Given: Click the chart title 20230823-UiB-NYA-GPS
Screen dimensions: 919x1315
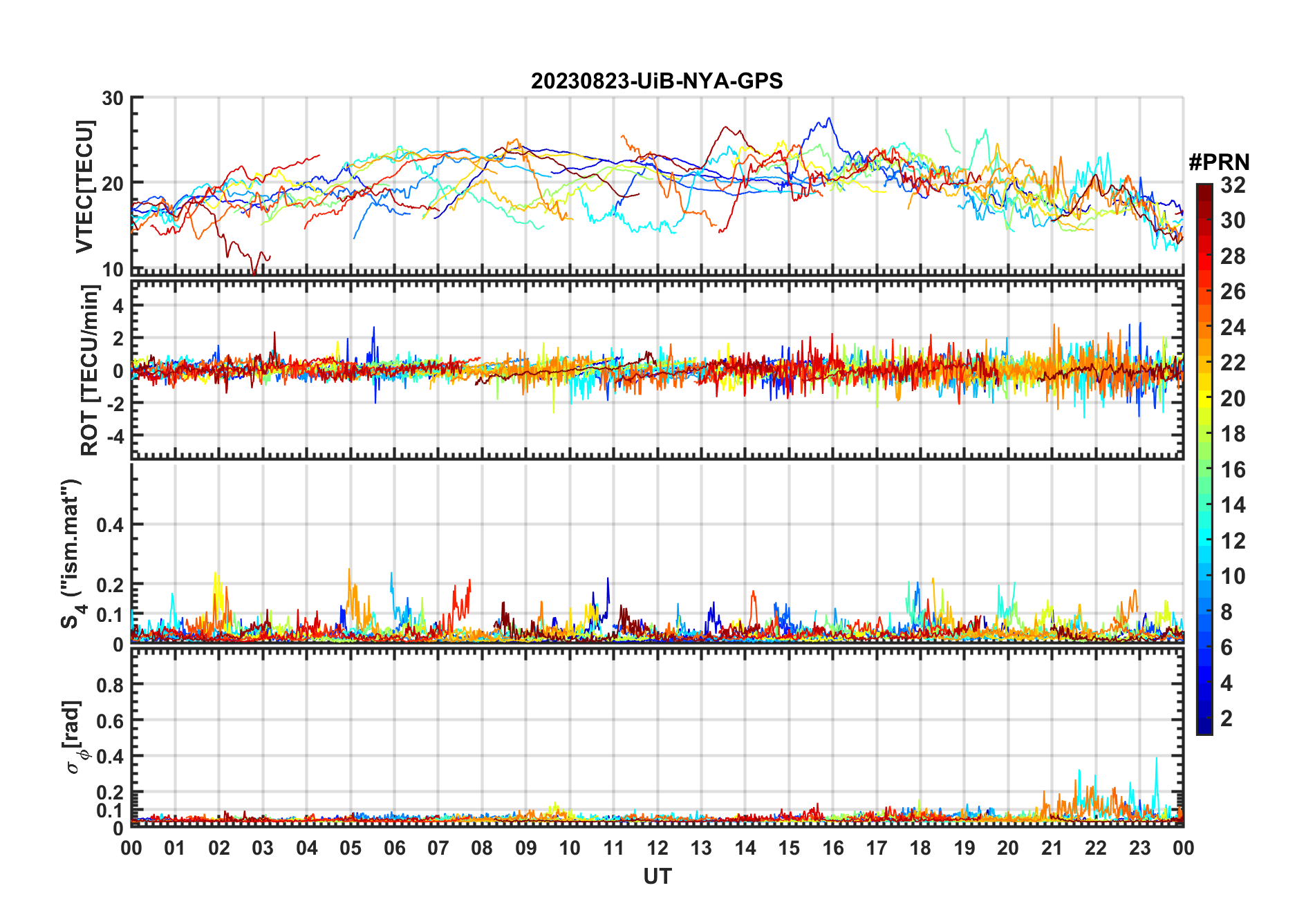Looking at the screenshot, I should pos(657,82).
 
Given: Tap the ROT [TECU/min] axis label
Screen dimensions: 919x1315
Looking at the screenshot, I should pos(90,370).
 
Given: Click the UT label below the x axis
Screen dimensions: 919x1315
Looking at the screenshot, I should pos(657,877).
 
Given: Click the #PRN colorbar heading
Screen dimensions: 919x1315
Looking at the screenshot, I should pos(1219,162).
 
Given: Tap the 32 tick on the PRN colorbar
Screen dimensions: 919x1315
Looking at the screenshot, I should pos(1233,185).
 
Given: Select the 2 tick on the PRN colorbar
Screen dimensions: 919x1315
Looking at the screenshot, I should pos(1227,719).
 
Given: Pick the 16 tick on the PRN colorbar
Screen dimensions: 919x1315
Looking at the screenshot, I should pos(1233,470).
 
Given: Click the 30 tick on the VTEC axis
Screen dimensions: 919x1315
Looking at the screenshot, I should pos(113,98).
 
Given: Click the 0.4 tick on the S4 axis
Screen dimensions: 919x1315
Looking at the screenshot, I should pos(110,525).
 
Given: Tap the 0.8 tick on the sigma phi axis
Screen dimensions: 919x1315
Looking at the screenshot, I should pos(110,685).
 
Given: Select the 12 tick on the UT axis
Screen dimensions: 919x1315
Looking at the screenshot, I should pos(657,848).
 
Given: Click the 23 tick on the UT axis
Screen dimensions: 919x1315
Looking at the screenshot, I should pos(1139,848).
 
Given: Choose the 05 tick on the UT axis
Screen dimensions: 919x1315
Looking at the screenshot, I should pos(351,848).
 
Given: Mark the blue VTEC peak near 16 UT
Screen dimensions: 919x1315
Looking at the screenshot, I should pos(829,119).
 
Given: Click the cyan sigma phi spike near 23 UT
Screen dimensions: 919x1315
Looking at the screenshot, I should pos(1156,759).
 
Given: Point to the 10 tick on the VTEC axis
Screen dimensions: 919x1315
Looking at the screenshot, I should pos(113,269).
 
